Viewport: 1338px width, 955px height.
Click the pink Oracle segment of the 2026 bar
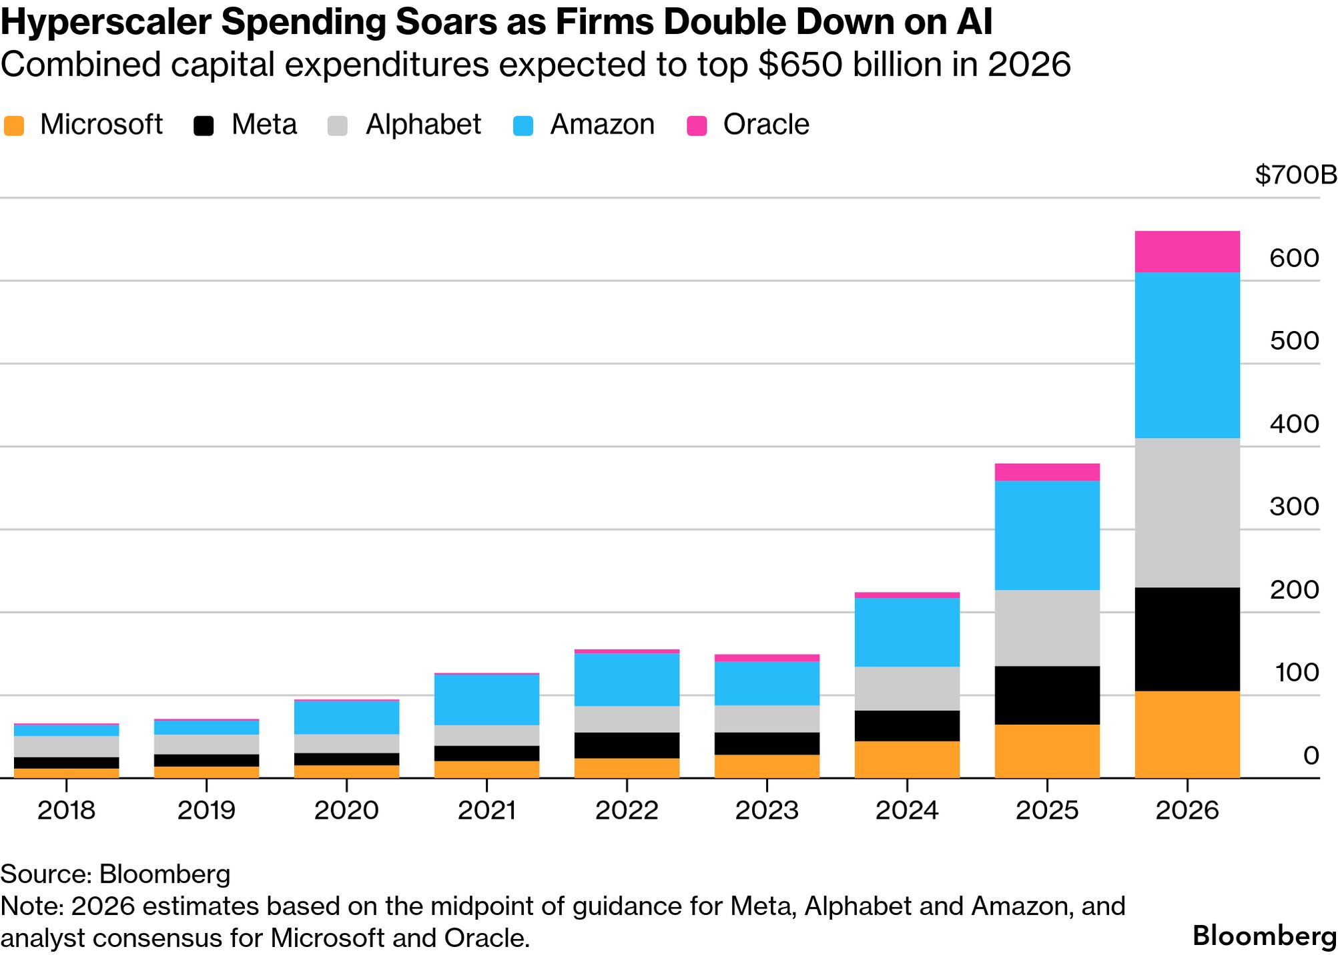click(x=1187, y=252)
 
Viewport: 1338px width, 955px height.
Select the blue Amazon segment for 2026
click(x=1187, y=355)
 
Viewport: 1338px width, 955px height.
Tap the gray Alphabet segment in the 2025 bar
click(x=1046, y=628)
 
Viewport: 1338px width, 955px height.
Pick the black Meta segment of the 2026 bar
click(x=1187, y=639)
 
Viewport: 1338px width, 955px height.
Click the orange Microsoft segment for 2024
click(x=906, y=759)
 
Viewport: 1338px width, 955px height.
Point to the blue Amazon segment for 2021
click(x=486, y=700)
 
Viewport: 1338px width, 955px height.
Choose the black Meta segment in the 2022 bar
click(x=627, y=745)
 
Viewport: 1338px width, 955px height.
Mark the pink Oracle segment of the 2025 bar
click(x=1046, y=472)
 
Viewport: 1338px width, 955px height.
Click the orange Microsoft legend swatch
click(x=14, y=125)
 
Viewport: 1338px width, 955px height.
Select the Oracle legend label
click(x=765, y=125)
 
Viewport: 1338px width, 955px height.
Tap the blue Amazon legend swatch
click(x=523, y=125)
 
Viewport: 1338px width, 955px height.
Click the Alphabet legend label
click(x=423, y=125)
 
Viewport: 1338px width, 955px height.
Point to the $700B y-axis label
click(x=1295, y=176)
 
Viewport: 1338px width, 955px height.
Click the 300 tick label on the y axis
click(x=1294, y=507)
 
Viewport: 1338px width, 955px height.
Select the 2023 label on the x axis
click(x=767, y=810)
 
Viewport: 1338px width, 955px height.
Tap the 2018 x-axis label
click(x=66, y=810)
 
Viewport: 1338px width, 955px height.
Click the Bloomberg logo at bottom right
click(x=1264, y=936)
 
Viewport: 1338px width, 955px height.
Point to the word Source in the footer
click(x=43, y=874)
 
